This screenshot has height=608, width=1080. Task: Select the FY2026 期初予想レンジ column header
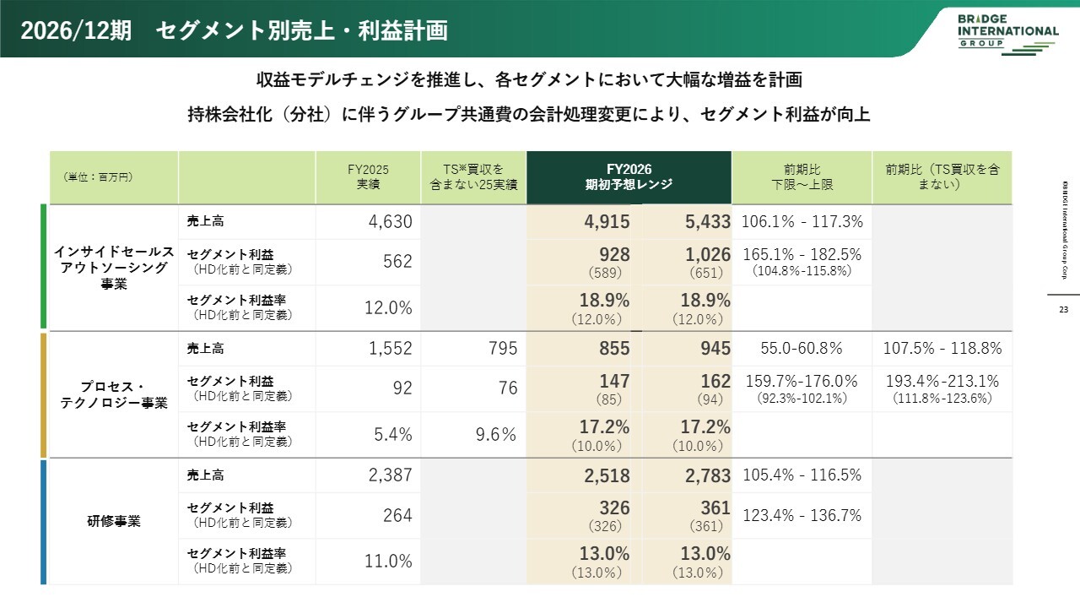(x=629, y=176)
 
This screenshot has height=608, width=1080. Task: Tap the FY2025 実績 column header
(x=368, y=176)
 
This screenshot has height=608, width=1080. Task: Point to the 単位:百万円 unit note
(x=98, y=177)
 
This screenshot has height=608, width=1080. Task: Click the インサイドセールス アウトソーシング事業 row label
(x=114, y=268)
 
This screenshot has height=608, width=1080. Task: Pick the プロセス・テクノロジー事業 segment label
(x=114, y=394)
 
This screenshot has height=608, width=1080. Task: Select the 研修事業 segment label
(x=114, y=521)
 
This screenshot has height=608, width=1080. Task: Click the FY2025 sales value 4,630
(x=390, y=222)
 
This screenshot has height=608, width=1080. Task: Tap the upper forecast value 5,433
(x=707, y=222)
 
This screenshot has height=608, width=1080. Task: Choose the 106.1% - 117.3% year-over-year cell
(x=802, y=222)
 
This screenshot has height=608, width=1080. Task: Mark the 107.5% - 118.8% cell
(x=942, y=349)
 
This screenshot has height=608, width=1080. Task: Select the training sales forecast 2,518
(x=607, y=476)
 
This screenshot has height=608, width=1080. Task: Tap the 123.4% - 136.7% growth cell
(x=802, y=515)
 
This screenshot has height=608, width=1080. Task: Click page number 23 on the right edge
(x=1063, y=310)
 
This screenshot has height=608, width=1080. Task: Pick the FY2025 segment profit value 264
(x=397, y=515)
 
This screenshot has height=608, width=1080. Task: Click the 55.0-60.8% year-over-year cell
(x=802, y=349)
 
